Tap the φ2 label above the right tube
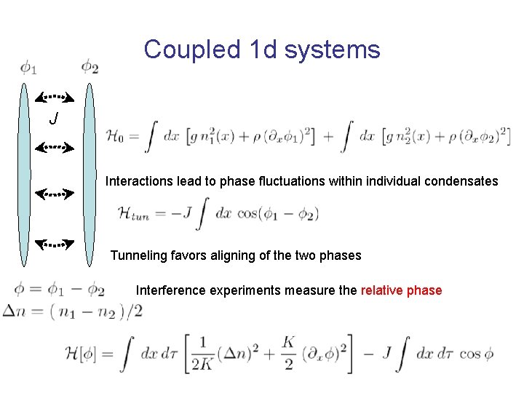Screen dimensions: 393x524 tap(90, 67)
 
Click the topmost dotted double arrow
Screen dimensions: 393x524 tap(55, 95)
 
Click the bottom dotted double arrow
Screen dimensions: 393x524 tap(55, 245)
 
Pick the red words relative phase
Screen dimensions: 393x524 tap(401, 290)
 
